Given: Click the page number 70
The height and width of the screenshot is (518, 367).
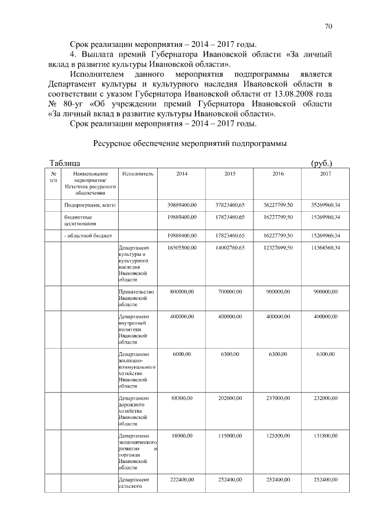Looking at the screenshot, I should pos(329,26).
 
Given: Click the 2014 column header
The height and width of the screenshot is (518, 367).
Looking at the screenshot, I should pos(182,173).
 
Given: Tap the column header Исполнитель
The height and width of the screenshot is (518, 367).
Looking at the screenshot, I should pos(138,173).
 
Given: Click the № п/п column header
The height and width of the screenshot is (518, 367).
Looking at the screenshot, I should pos(53,176).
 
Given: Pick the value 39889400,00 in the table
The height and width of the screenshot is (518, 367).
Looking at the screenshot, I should pos(182,204).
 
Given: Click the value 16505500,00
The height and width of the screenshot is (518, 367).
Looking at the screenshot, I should pos(182,247).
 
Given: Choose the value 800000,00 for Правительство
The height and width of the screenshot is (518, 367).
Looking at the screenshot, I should pos(182,292).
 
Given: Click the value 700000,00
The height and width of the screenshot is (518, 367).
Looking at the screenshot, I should pos(230,292).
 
